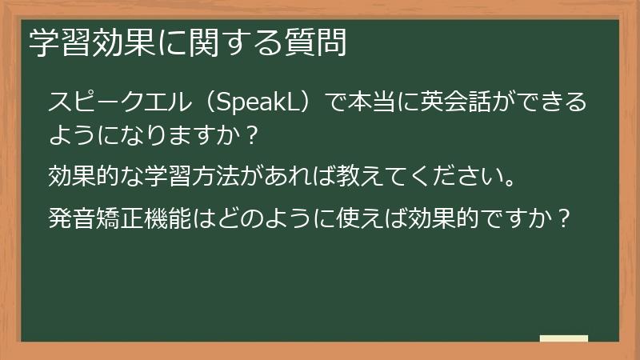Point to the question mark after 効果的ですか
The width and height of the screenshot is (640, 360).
[563, 218]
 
